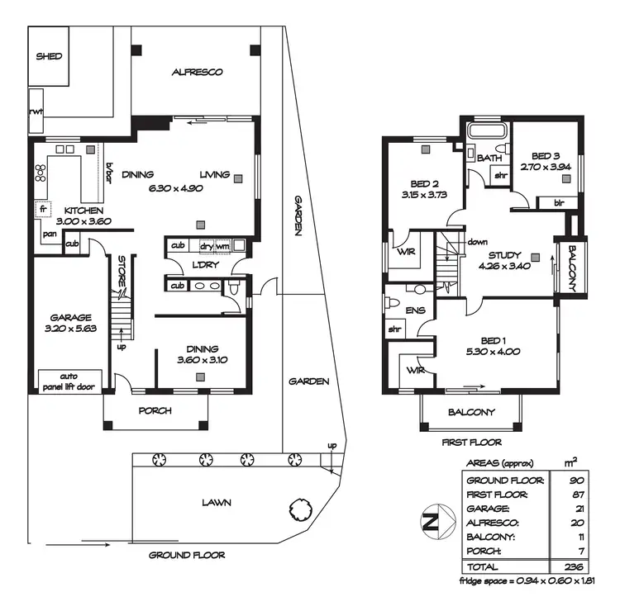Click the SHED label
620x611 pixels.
coord(50,56)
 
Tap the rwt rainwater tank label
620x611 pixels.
coord(36,111)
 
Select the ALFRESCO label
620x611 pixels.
coord(197,73)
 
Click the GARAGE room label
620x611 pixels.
coord(69,317)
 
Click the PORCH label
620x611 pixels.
coord(155,410)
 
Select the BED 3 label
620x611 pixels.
coord(546,155)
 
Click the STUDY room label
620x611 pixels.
coord(504,255)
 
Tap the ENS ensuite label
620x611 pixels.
coord(416,310)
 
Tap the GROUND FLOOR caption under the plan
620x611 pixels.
coord(186,555)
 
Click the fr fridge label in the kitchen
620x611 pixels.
coord(41,210)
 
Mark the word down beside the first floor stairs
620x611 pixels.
coord(477,242)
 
